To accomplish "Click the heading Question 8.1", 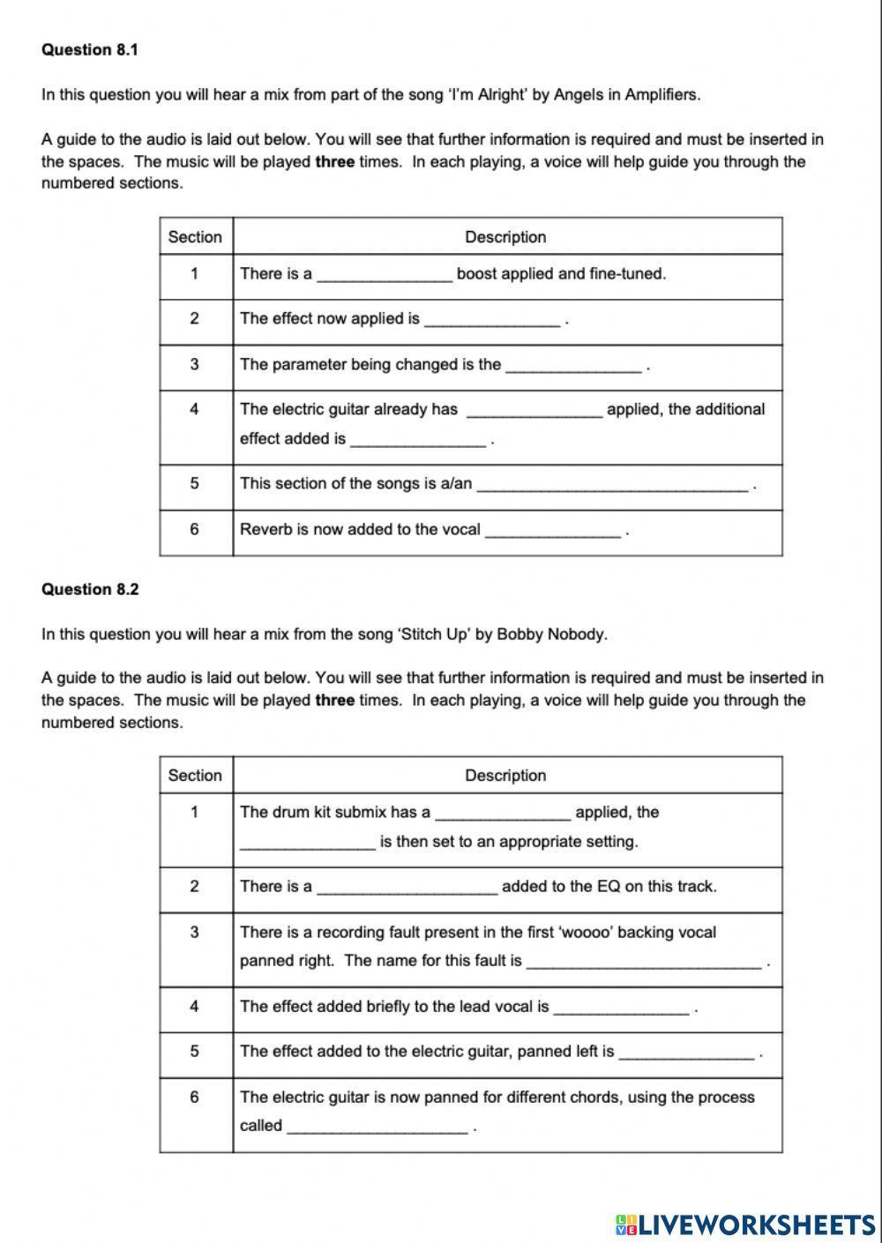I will [90, 50].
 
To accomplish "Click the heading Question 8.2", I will [90, 589].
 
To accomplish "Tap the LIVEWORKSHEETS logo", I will [745, 1223].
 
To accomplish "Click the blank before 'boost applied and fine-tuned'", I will [384, 275].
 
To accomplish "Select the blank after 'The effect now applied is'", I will [492, 320].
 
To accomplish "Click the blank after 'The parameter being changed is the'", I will [573, 366].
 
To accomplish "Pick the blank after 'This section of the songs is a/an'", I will [611, 485].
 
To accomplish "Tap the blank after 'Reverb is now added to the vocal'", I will [553, 531].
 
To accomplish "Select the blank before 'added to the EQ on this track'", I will [407, 888].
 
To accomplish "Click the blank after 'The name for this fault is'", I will [643, 962].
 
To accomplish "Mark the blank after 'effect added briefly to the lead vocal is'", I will [621, 1008].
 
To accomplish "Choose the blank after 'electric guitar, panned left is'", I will [686, 1053].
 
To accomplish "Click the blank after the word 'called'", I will [377, 1127].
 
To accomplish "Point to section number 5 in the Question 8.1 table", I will [194, 483].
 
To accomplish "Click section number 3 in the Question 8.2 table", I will [194, 932].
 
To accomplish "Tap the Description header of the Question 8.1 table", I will [505, 237].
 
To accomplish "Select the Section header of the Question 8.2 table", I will [195, 776].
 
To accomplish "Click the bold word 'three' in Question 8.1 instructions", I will [334, 161].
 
